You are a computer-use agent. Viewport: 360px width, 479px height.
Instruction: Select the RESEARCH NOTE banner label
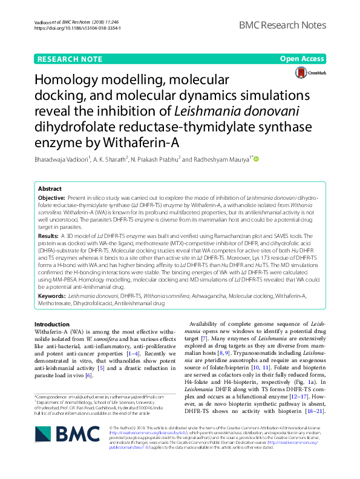[69, 59]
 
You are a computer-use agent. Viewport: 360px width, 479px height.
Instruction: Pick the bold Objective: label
[52, 198]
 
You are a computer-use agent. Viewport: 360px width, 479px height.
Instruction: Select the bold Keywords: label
[53, 296]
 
